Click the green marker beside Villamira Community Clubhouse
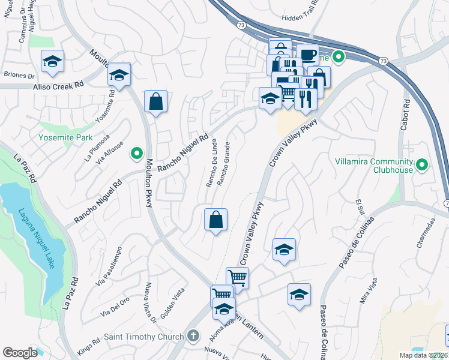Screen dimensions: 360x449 [422, 164]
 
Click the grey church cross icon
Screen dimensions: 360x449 [193, 337]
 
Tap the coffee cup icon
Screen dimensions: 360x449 [307, 55]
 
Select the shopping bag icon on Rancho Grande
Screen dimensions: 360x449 [215, 220]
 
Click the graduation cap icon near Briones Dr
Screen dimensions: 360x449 [53, 61]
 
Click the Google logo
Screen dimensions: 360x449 [20, 353]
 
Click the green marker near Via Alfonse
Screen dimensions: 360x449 [136, 152]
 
